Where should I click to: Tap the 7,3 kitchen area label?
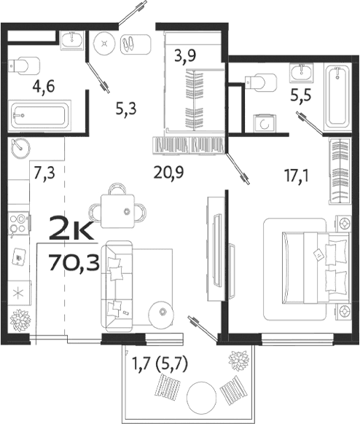pyautogui.click(x=45, y=173)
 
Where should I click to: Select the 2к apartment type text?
pyautogui.click(x=70, y=232)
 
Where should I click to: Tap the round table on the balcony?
pyautogui.click(x=203, y=399)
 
